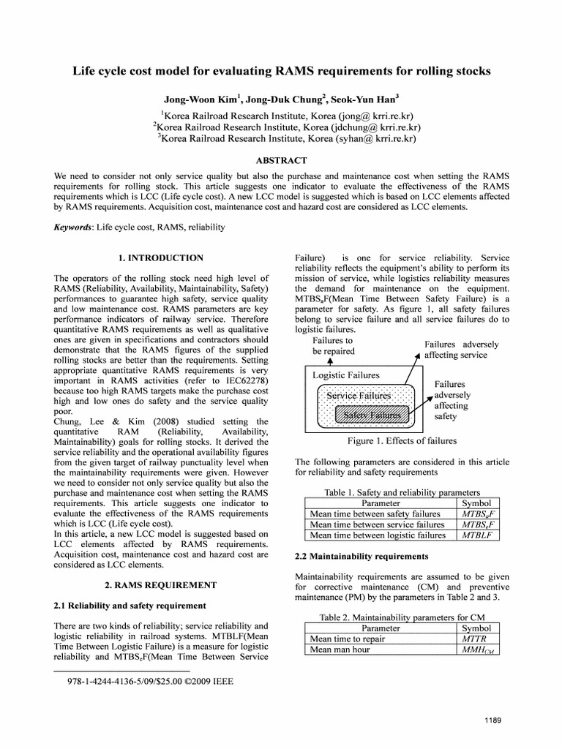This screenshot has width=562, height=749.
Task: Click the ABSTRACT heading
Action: point(281,160)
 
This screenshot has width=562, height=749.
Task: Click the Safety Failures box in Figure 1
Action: point(368,415)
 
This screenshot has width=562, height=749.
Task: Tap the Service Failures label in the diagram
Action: point(359,396)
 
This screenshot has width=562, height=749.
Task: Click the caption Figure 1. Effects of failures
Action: point(393,441)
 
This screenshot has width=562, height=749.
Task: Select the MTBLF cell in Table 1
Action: point(477,535)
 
